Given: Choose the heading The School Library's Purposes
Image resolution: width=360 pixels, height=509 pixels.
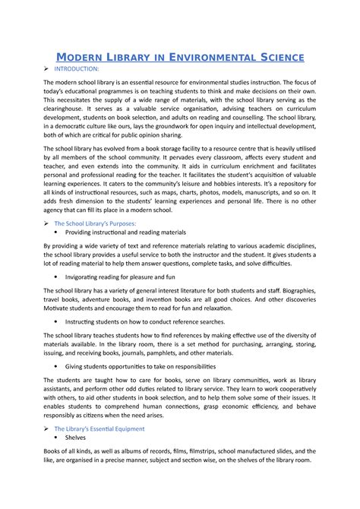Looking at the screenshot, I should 95,224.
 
